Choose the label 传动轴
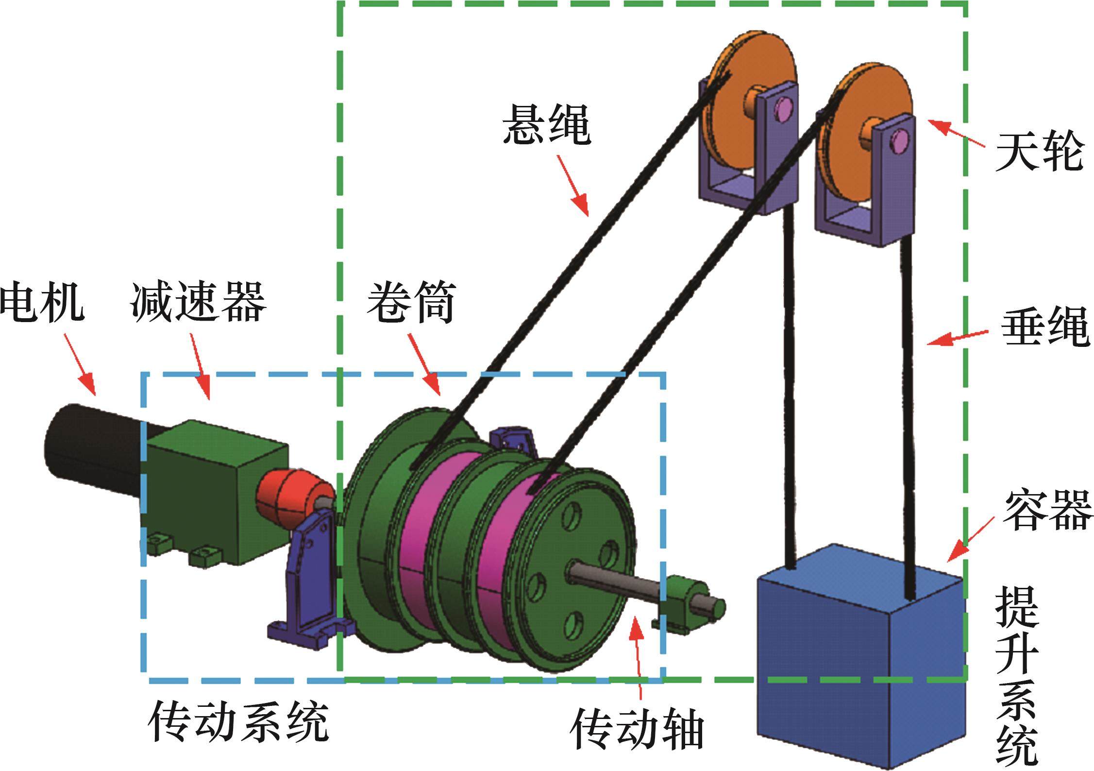(x=636, y=741)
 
